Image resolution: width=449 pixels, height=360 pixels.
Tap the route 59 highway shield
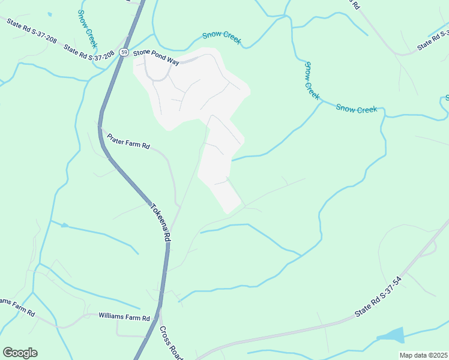tap(123, 52)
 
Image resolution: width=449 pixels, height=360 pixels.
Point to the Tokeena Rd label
tap(159, 220)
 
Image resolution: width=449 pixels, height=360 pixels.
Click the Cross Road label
tap(171, 343)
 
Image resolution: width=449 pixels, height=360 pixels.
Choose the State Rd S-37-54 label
tap(378, 297)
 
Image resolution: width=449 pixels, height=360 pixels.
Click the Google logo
tap(20, 353)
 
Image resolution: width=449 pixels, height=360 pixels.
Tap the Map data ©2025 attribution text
tap(423, 355)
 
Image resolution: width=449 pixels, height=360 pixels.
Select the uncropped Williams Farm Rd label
tap(124, 316)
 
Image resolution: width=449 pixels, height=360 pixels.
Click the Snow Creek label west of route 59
tap(88, 28)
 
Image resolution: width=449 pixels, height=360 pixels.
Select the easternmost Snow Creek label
tap(357, 109)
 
